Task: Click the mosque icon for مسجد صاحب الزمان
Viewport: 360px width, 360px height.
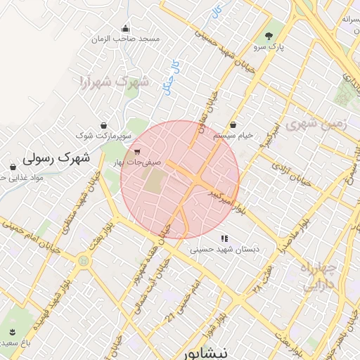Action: tap(126, 29)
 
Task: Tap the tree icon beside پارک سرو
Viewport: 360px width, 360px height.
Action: tap(268, 36)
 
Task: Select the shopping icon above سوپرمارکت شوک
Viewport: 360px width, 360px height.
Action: tap(105, 124)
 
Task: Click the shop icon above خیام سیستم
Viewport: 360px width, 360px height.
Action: tap(233, 124)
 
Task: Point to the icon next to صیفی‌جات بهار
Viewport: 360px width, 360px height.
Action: tap(136, 151)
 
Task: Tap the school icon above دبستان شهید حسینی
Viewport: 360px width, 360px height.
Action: tap(224, 239)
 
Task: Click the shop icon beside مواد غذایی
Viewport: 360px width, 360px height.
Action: tap(13, 167)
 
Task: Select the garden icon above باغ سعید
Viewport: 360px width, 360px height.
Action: tap(12, 332)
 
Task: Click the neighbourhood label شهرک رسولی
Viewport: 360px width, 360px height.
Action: tap(57, 157)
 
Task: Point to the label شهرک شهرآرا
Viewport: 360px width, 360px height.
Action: tap(114, 82)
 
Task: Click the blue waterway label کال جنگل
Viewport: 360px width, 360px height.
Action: tap(169, 77)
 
